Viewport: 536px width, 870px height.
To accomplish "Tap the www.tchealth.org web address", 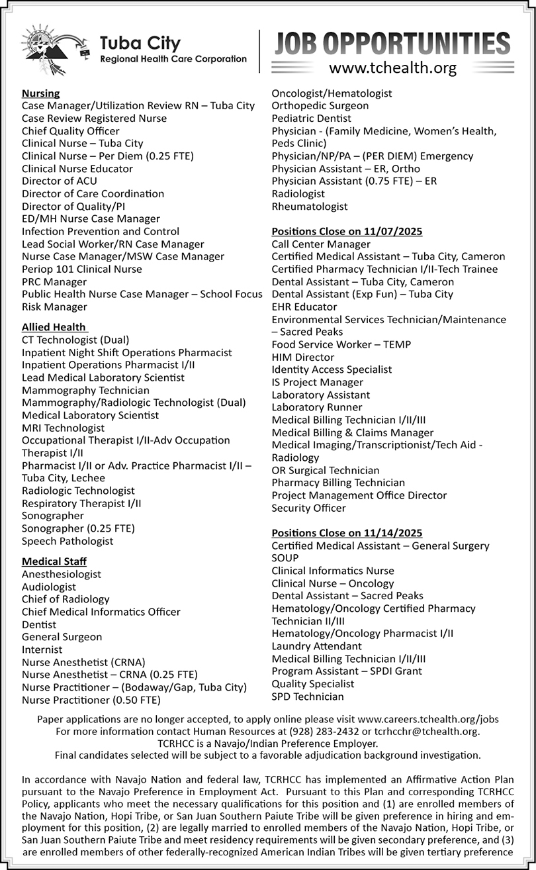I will [392, 68].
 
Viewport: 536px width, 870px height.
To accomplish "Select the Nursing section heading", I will [40, 93].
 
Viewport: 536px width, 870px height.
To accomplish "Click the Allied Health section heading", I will [54, 327].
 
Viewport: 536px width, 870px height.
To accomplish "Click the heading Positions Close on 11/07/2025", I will [347, 232].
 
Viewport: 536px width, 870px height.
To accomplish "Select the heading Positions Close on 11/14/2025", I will [347, 533].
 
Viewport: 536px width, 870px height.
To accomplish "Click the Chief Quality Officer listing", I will [62, 131].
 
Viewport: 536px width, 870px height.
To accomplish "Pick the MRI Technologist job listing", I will [63, 428].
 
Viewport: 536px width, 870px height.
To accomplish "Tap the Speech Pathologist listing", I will [67, 541].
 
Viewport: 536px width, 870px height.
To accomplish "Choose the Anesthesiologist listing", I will [62, 575].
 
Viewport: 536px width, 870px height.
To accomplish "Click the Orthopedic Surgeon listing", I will [320, 106].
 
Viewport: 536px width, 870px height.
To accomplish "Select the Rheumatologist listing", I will [310, 207].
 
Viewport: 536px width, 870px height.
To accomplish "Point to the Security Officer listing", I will [308, 508].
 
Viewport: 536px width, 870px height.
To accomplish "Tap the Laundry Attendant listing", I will [316, 646].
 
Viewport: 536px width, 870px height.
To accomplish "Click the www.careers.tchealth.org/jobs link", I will [427, 719].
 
